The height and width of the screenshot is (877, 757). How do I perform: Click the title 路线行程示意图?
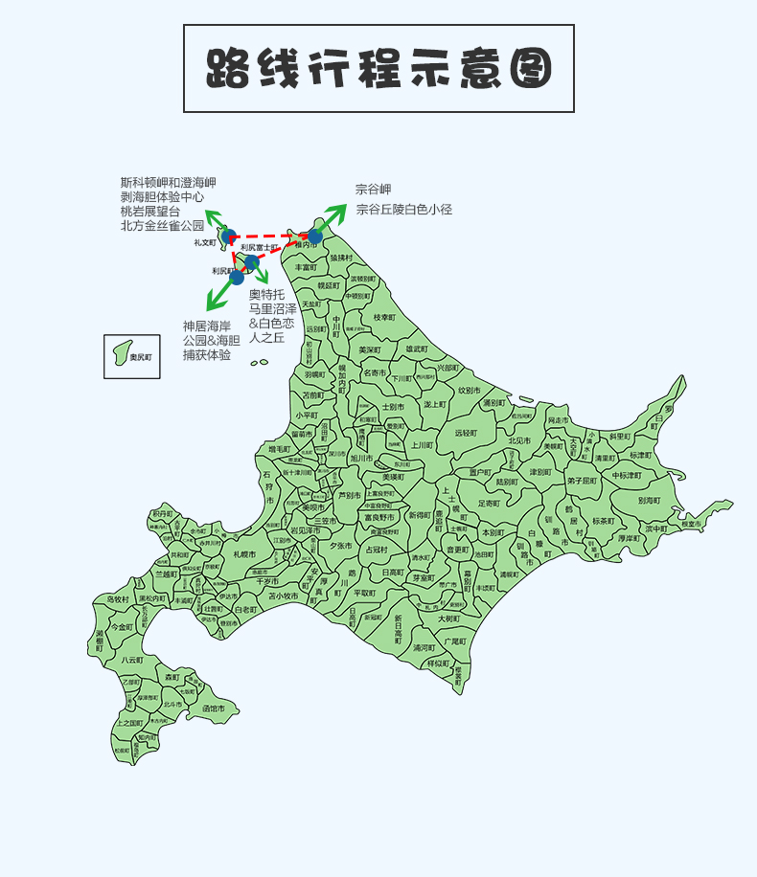(378, 69)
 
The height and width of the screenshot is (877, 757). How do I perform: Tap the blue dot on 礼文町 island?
(228, 236)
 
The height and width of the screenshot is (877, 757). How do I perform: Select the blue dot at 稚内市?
(314, 236)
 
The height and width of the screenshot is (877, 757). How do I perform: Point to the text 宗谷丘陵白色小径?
(403, 209)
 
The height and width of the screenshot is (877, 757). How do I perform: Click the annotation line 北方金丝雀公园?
(162, 225)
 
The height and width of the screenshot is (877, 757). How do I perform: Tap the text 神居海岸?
(206, 326)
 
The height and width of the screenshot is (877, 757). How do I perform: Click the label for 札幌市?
(244, 554)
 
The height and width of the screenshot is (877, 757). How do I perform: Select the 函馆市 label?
(214, 708)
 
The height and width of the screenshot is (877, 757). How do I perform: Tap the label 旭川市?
(361, 459)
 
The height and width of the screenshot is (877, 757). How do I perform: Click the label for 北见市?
(520, 440)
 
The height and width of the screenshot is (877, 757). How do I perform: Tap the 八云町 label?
(132, 660)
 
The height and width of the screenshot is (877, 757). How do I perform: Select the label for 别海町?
(649, 500)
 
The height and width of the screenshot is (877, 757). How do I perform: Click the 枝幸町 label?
(384, 317)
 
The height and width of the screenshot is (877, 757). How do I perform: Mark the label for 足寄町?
(489, 503)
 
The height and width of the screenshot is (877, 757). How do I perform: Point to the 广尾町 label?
(454, 641)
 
